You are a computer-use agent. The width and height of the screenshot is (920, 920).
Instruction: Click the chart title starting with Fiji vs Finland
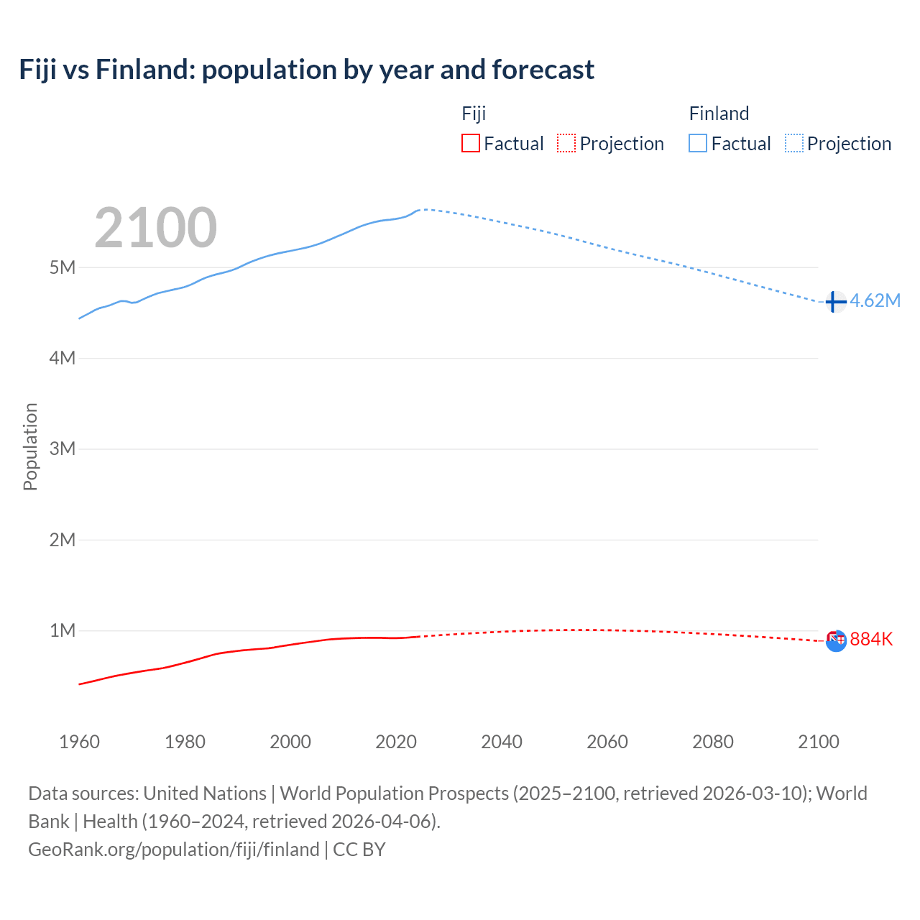tap(307, 70)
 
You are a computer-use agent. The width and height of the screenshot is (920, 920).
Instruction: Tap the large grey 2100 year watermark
tap(155, 228)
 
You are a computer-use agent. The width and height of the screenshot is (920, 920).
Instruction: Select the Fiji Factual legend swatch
tap(470, 144)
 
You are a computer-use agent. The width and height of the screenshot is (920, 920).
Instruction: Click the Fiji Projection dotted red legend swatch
tap(566, 144)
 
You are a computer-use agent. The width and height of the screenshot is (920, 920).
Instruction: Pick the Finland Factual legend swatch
tap(698, 144)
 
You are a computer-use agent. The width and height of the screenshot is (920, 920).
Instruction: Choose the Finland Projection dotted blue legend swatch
tap(794, 144)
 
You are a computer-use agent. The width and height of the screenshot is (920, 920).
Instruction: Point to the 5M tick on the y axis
tap(63, 267)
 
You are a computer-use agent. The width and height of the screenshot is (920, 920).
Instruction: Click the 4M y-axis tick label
tap(63, 358)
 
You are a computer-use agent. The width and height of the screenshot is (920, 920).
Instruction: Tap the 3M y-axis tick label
tap(63, 449)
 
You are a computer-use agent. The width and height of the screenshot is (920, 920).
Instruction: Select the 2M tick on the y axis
tap(63, 540)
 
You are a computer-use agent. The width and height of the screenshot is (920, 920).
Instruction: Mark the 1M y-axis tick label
tap(63, 630)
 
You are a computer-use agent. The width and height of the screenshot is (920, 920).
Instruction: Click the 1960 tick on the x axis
tap(79, 742)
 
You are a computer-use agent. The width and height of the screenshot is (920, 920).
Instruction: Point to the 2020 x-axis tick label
tap(396, 742)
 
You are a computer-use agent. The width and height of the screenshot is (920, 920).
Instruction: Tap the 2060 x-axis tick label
tap(607, 742)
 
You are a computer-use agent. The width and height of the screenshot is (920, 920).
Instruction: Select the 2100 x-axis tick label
tap(819, 742)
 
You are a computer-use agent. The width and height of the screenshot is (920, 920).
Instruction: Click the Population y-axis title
tap(30, 446)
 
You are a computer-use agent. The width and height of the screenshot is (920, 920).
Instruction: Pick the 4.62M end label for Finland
tap(875, 300)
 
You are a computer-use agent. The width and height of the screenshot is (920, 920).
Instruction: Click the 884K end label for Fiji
tap(871, 639)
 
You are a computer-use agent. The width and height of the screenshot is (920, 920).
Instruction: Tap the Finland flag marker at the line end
tap(834, 302)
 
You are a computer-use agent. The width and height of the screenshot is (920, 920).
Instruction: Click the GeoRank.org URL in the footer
tap(174, 850)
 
